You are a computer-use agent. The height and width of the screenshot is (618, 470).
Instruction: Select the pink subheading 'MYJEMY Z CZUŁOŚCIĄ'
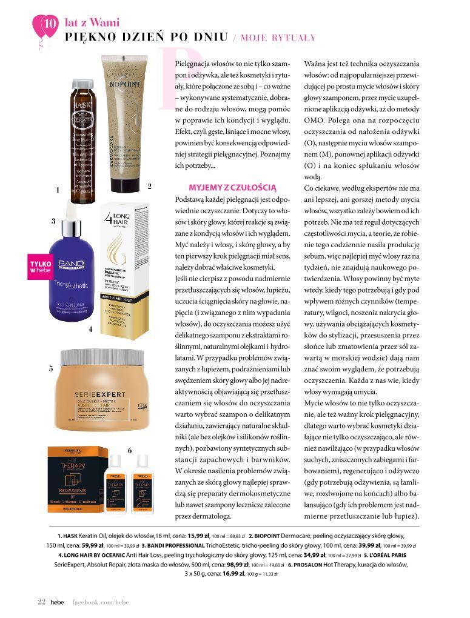(x=232, y=188)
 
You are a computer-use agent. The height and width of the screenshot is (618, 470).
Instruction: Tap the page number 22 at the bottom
(x=41, y=601)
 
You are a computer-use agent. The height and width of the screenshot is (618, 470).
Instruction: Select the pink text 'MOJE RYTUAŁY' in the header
(x=278, y=38)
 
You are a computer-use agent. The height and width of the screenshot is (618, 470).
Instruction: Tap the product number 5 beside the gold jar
(x=52, y=368)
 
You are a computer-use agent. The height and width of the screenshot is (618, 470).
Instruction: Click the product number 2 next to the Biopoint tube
(x=149, y=186)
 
